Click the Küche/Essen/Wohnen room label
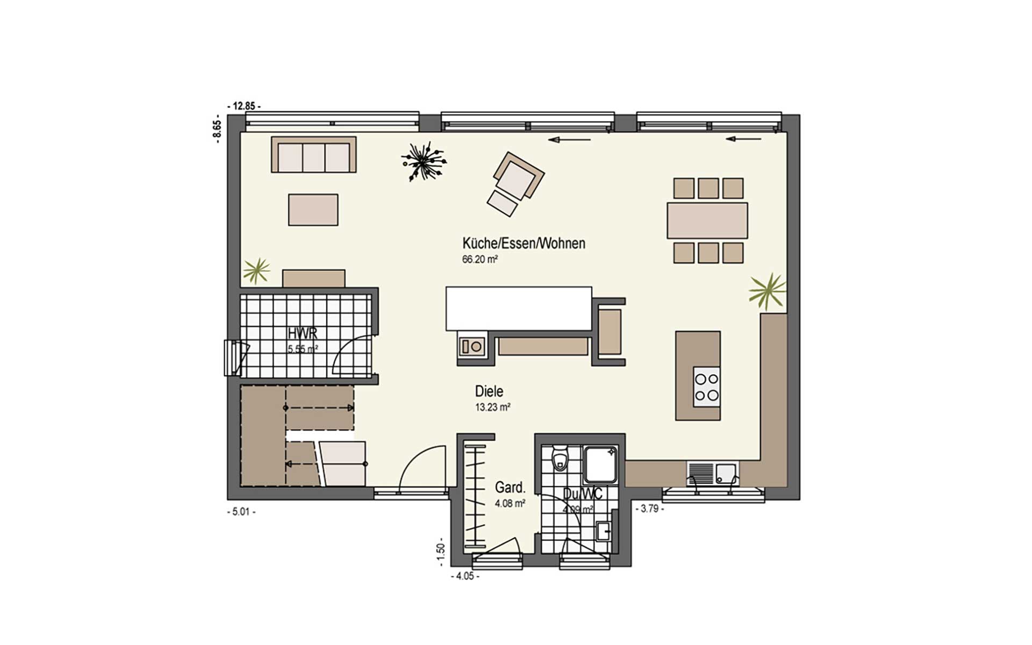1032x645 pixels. pyautogui.click(x=524, y=243)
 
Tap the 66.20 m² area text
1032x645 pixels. pyautogui.click(x=479, y=259)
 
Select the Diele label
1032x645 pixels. pyautogui.click(x=489, y=391)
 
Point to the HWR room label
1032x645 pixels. pyautogui.click(x=303, y=333)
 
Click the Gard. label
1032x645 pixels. pyautogui.click(x=510, y=488)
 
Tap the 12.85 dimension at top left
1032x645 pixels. pyautogui.click(x=244, y=106)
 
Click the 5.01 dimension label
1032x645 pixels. pyautogui.click(x=241, y=512)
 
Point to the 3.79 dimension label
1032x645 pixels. pyautogui.click(x=650, y=508)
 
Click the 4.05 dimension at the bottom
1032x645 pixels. pyautogui.click(x=464, y=576)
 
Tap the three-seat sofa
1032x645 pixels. pyautogui.click(x=313, y=155)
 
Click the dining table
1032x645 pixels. pyautogui.click(x=707, y=220)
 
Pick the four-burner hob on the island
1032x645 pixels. pyautogui.click(x=706, y=387)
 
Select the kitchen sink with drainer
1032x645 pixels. pyautogui.click(x=713, y=474)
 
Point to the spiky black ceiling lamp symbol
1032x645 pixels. pyautogui.click(x=424, y=160)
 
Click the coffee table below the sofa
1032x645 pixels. pyautogui.click(x=313, y=210)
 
